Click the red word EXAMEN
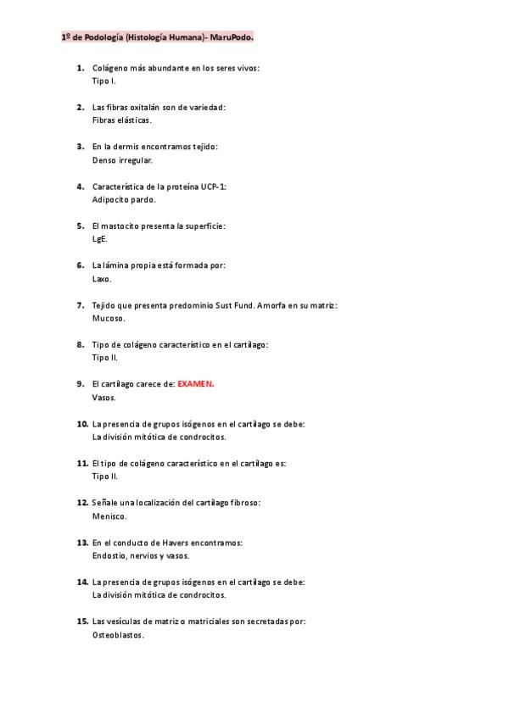pyautogui.click(x=196, y=383)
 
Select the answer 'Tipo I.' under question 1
pyautogui.click(x=103, y=81)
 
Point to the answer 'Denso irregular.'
pyautogui.click(x=122, y=159)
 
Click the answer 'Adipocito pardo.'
pyautogui.click(x=124, y=199)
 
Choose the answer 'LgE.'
pyautogui.click(x=100, y=239)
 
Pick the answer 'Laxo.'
pyautogui.click(x=102, y=278)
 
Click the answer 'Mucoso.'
pyautogui.click(x=109, y=318)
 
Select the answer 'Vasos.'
pyautogui.click(x=104, y=397)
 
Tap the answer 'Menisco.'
pyautogui.click(x=109, y=516)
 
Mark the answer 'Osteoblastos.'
pyautogui.click(x=118, y=634)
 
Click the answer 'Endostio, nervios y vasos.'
pyautogui.click(x=141, y=555)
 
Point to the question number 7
pyautogui.click(x=80, y=304)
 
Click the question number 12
pyautogui.click(x=82, y=502)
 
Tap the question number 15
pyautogui.click(x=82, y=621)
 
